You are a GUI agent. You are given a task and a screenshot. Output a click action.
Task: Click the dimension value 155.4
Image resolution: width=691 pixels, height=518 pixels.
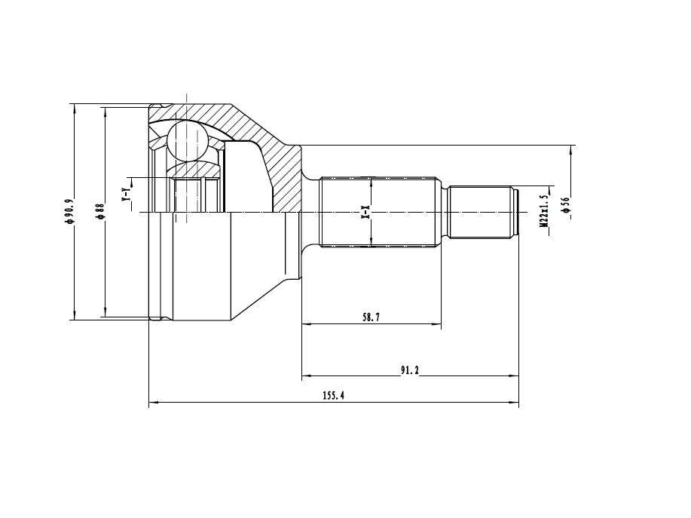[333, 395]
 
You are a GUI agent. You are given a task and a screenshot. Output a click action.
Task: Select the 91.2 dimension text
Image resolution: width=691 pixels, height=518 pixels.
[409, 370]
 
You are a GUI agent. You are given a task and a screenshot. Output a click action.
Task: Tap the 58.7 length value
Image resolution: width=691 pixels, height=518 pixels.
[371, 317]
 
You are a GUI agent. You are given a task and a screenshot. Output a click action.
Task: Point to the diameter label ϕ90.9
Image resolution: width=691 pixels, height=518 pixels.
[69, 211]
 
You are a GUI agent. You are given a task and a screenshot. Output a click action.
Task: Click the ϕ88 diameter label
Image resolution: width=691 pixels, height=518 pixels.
[100, 211]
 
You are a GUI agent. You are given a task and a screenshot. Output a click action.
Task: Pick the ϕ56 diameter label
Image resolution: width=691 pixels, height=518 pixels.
[566, 205]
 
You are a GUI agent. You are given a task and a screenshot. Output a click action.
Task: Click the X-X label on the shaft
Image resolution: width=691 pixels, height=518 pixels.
[365, 212]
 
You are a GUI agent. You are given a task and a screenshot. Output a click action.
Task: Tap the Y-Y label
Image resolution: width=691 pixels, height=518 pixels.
[126, 195]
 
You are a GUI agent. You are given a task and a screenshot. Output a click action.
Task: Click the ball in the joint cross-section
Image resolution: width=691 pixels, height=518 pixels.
[187, 141]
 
